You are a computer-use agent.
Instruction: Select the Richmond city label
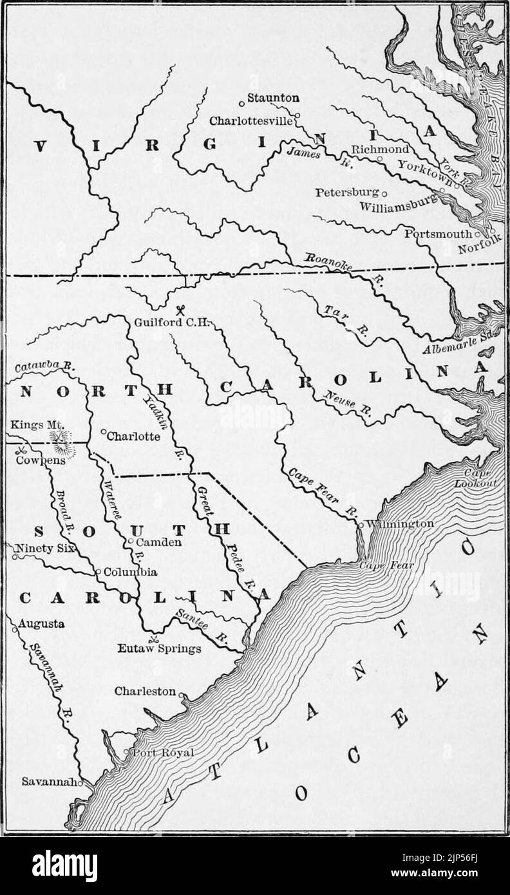click(x=380, y=149)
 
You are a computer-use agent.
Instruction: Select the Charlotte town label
click(x=133, y=435)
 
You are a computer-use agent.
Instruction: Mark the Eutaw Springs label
click(x=160, y=648)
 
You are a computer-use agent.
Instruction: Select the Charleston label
click(x=144, y=691)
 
